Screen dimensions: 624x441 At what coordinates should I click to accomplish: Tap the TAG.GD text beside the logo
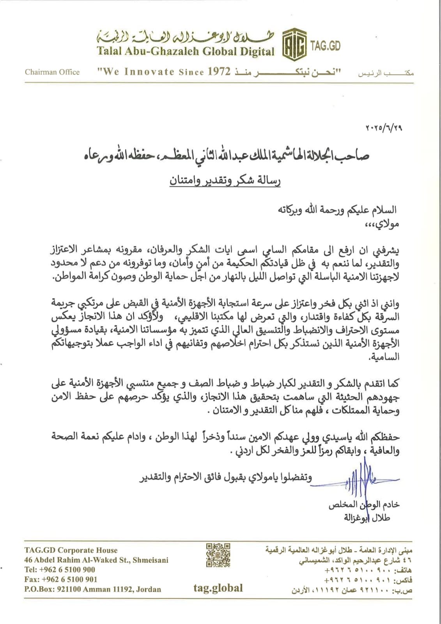(x=325, y=46)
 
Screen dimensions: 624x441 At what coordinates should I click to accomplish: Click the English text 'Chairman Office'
(x=52, y=72)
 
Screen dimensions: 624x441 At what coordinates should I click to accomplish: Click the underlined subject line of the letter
(x=225, y=181)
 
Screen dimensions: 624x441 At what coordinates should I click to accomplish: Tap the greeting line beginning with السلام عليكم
(x=337, y=210)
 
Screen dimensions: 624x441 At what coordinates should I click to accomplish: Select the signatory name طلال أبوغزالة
(x=367, y=518)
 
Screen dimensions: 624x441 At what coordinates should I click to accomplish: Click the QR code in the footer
(x=218, y=555)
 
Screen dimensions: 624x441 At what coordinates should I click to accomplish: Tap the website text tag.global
(x=218, y=588)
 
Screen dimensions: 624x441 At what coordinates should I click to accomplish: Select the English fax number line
(x=60, y=580)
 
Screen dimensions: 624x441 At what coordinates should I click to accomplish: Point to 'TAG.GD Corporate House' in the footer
(x=71, y=550)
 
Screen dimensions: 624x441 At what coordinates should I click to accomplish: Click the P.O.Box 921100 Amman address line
(x=92, y=589)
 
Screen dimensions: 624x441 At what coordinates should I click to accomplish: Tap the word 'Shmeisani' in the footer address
(x=151, y=560)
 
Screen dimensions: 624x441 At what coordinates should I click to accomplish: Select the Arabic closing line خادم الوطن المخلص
(x=364, y=505)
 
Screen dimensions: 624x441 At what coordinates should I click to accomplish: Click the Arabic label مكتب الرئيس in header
(x=386, y=73)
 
